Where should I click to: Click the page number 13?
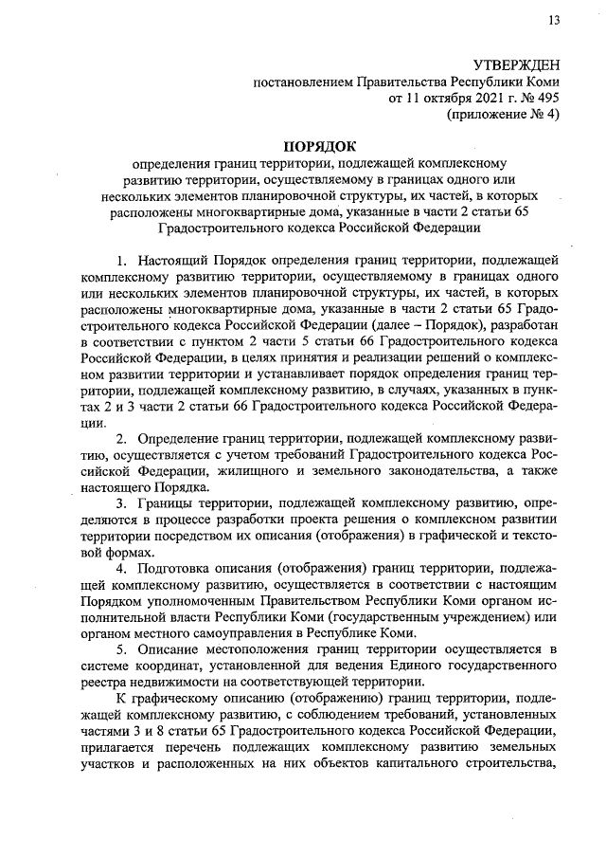pyautogui.click(x=553, y=21)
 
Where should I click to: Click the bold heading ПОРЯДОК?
pyautogui.click(x=319, y=146)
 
